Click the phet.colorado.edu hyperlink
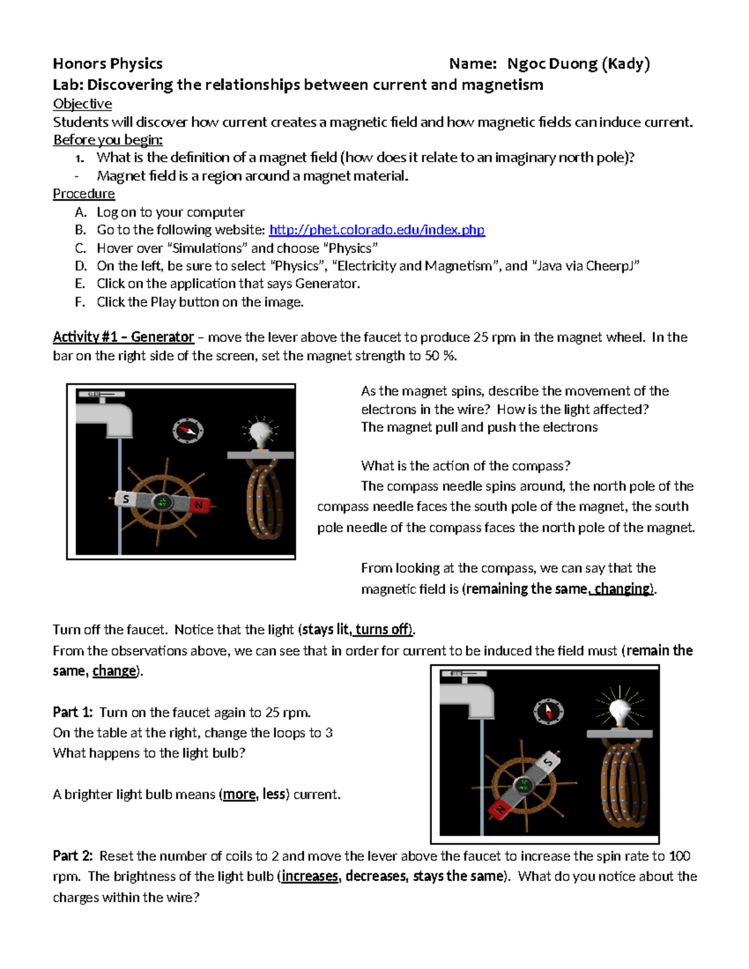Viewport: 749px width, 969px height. [376, 230]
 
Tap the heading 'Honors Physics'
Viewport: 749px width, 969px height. [107, 64]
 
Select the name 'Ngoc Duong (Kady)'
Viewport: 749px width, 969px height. [578, 64]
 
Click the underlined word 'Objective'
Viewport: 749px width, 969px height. [82, 104]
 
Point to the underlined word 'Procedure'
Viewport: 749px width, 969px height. [84, 193]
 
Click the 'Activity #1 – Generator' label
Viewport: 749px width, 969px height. [123, 337]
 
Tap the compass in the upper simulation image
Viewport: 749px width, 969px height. [188, 430]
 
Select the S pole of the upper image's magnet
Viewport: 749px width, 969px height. [126, 499]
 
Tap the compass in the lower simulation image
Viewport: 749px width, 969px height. [548, 711]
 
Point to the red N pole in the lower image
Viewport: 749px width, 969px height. [500, 809]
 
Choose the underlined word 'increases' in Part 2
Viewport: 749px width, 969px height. [310, 876]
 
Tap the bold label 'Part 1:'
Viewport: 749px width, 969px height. [72, 713]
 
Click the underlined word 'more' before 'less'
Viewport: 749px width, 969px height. [239, 794]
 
